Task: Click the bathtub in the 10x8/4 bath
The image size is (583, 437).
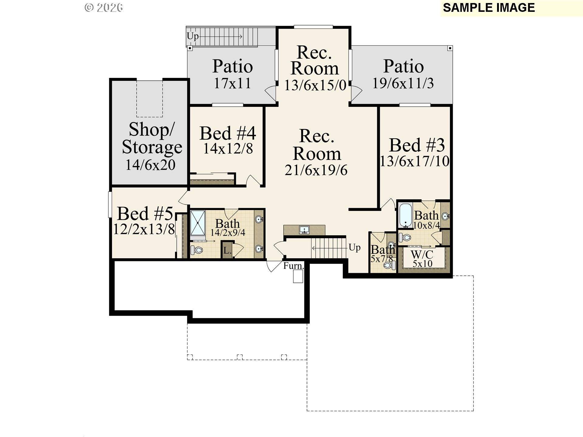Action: (405, 216)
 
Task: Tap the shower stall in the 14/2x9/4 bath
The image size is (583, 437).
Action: (198, 223)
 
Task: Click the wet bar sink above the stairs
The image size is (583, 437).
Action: (304, 230)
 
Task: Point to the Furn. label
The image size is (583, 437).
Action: (293, 266)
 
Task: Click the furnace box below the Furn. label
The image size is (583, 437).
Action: (298, 276)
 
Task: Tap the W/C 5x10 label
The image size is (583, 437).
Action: (422, 259)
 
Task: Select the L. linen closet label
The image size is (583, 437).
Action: (227, 251)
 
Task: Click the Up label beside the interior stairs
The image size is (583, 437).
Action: (354, 248)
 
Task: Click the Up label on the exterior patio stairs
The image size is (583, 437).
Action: (193, 36)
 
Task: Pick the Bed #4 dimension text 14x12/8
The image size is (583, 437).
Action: (228, 149)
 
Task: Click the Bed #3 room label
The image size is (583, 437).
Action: (417, 145)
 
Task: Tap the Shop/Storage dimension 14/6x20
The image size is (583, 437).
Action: (150, 165)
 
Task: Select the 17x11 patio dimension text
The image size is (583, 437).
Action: (233, 83)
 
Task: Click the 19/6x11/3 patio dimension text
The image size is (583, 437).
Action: (403, 83)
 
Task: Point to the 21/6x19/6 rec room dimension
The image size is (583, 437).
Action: (316, 170)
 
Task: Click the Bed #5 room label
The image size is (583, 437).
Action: (145, 213)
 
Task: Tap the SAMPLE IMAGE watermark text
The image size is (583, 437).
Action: (489, 8)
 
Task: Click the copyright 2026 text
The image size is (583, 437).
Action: (104, 8)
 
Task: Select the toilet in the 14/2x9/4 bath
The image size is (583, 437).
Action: (197, 250)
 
